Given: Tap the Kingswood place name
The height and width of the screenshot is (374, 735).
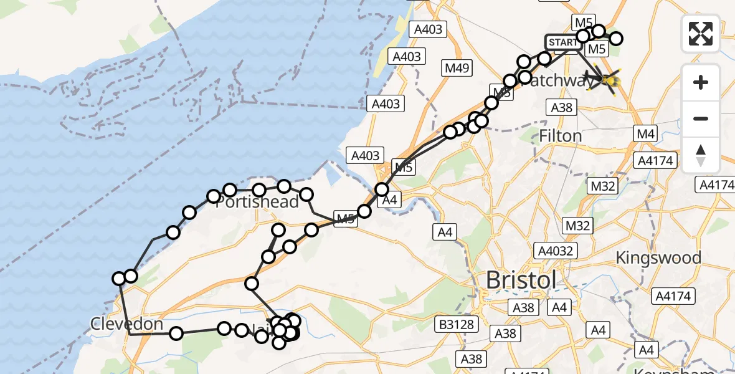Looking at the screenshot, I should [x=658, y=257].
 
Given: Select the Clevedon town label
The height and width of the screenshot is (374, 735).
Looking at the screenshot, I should [x=126, y=324].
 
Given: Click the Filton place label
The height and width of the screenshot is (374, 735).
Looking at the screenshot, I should [x=560, y=135].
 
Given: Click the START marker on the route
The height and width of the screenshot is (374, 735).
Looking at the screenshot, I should [x=564, y=42].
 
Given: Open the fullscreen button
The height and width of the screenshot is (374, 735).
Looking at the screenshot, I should [x=701, y=34].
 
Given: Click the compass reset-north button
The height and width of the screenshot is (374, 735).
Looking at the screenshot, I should [x=701, y=155].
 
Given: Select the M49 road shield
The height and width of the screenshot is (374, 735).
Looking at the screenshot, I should [x=458, y=68].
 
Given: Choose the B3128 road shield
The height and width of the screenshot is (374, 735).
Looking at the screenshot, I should [x=457, y=324].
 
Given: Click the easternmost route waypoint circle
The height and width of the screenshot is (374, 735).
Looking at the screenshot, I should [x=616, y=39].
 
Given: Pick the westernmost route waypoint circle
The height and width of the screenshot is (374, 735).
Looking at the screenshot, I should [x=119, y=279].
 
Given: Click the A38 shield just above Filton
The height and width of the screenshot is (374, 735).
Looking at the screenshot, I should [x=561, y=107].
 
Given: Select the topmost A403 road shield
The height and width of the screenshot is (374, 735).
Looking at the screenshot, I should [x=428, y=29].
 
